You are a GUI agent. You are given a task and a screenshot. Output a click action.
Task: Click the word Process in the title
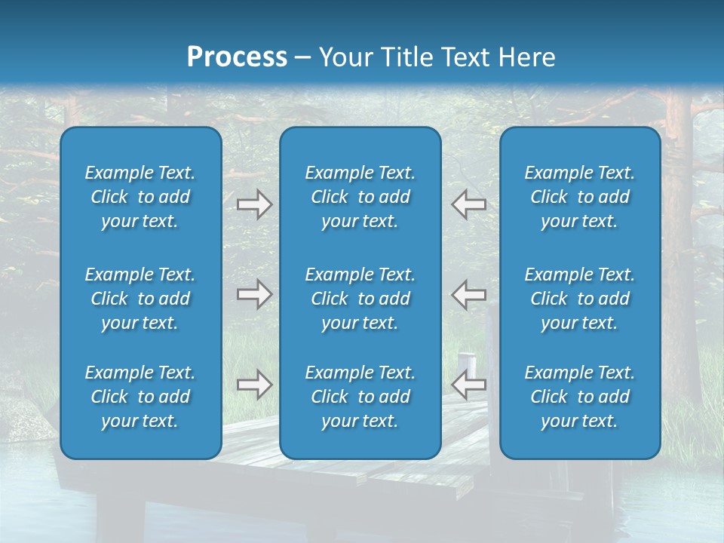[237, 57]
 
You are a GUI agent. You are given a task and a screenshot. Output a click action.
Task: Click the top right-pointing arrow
[254, 204]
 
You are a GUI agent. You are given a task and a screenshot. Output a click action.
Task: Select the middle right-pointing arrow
[254, 294]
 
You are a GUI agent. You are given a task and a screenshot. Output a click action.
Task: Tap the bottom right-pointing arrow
[254, 385]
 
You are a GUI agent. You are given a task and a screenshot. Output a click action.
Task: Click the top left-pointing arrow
[468, 204]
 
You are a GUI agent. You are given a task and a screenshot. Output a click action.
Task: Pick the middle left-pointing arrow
[468, 294]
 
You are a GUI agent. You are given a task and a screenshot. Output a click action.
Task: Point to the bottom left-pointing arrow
[468, 385]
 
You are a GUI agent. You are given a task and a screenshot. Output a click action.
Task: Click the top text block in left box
[140, 197]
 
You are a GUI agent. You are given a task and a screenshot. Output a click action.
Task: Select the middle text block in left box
[140, 299]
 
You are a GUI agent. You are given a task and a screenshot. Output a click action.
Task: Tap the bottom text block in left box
[140, 397]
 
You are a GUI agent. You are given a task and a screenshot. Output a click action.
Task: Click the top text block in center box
[360, 197]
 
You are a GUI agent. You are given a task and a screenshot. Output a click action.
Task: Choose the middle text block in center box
[360, 299]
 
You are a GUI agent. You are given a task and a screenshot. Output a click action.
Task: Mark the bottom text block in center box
[360, 397]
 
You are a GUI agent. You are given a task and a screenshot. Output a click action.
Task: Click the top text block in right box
[579, 197]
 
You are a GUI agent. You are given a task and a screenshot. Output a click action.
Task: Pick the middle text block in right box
[579, 299]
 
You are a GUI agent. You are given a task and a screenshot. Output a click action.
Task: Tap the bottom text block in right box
[579, 397]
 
